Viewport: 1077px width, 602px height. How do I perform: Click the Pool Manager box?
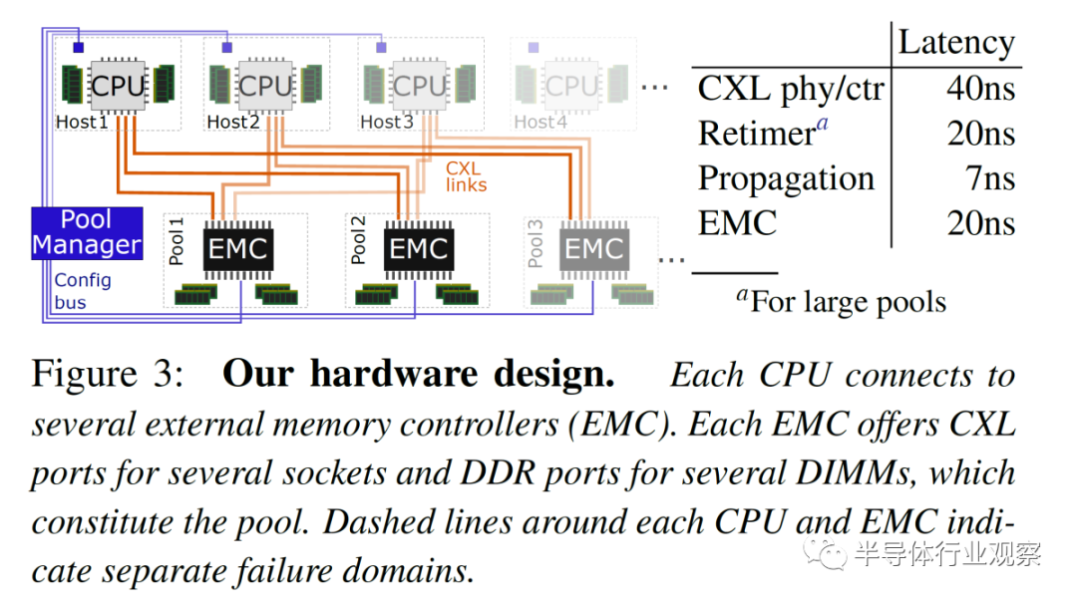[87, 233]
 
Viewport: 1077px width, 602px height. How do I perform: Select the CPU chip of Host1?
[118, 86]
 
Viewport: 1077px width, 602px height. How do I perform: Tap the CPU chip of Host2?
[266, 86]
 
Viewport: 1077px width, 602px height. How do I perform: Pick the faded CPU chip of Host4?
[572, 86]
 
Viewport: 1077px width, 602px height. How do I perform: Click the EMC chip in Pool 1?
[238, 249]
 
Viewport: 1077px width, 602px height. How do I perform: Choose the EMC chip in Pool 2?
[418, 249]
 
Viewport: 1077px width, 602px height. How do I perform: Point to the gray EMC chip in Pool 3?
[594, 249]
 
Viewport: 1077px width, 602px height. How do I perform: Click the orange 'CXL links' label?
[466, 176]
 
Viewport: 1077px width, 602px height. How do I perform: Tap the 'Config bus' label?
[82, 291]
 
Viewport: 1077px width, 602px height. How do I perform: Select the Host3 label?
[387, 122]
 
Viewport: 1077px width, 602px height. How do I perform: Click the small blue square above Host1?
[79, 48]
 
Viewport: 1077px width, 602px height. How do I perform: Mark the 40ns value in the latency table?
[980, 89]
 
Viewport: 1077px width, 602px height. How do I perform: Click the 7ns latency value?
[990, 178]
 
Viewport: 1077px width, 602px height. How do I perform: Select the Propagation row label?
[786, 179]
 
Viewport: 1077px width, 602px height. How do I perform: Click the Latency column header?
[956, 43]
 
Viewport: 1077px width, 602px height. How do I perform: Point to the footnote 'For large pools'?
[848, 302]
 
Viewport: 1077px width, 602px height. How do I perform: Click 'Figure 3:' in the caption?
[108, 375]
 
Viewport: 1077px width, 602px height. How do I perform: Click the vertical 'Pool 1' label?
[177, 241]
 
